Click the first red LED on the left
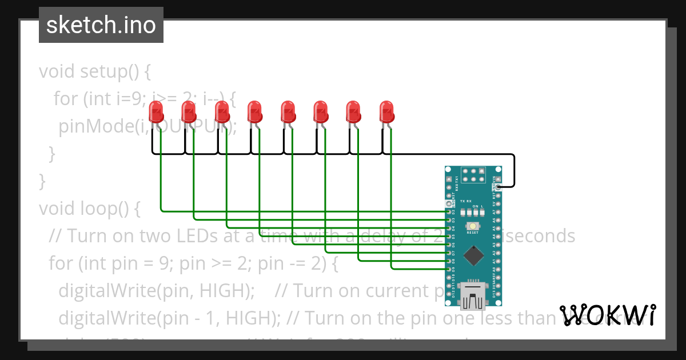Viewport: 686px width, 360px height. (155, 111)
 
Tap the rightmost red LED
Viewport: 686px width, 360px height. (387, 111)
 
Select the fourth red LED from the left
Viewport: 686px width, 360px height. (254, 111)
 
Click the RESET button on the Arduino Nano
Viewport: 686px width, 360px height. (473, 226)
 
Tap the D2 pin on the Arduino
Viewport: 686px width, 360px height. (448, 211)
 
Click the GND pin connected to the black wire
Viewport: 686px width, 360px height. (499, 187)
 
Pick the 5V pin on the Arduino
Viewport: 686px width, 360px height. (499, 203)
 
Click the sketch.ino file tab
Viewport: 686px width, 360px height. (101, 25)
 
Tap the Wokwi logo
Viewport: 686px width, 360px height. (607, 315)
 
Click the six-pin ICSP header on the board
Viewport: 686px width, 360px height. (473, 175)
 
